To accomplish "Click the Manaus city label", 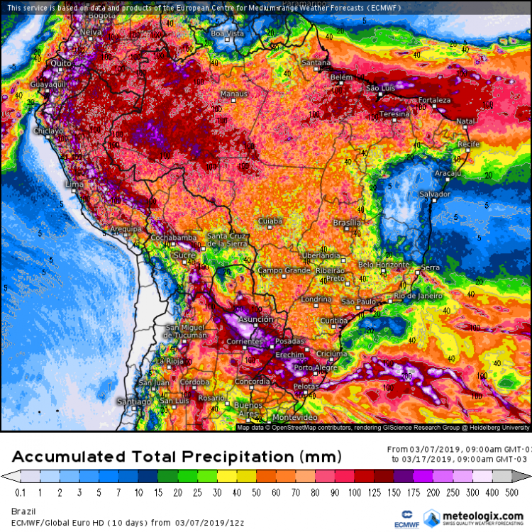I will pyautogui.click(x=234, y=94).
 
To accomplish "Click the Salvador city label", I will pyautogui.click(x=435, y=194).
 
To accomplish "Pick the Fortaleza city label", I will pyautogui.click(x=435, y=100).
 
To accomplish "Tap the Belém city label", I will pyautogui.click(x=341, y=77).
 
